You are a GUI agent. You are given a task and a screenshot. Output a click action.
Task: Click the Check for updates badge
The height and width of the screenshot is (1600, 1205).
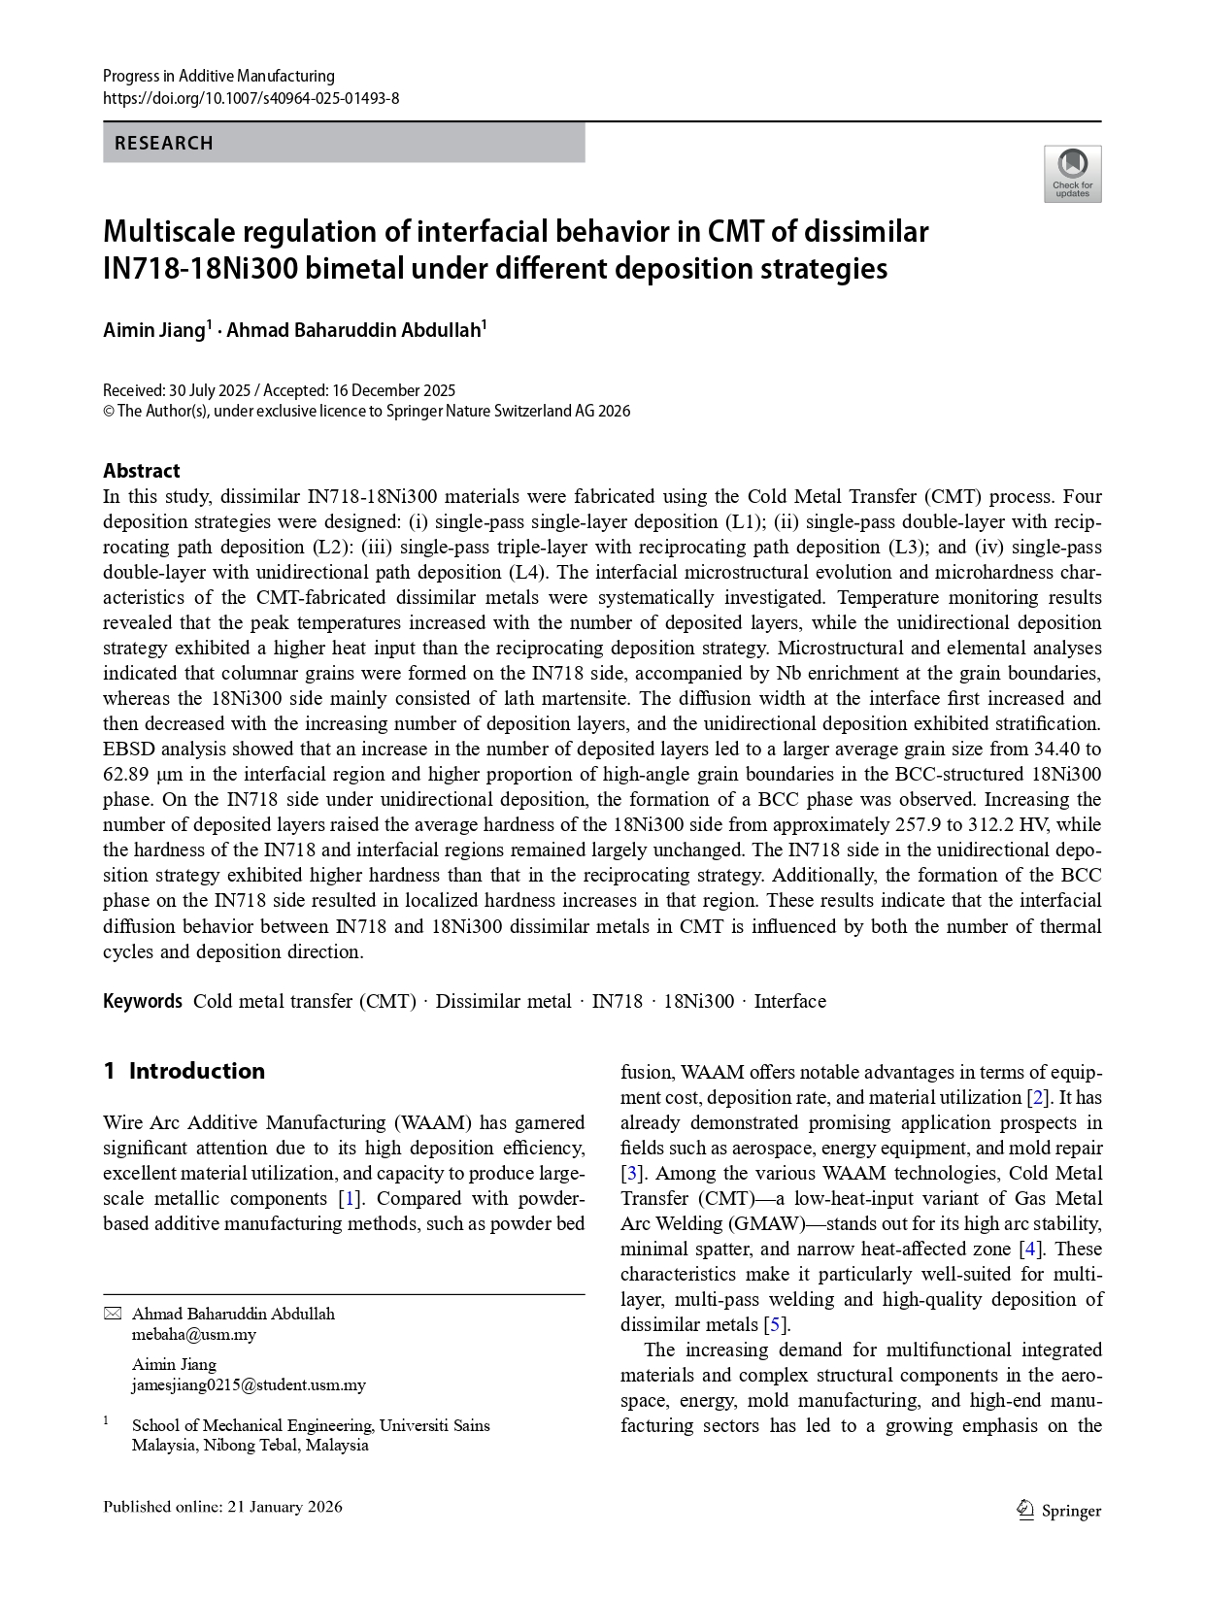1072,174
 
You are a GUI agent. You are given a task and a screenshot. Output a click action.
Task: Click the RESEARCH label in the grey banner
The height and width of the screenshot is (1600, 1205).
163,143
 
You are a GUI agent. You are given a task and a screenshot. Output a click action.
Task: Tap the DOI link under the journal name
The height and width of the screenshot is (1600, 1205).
251,98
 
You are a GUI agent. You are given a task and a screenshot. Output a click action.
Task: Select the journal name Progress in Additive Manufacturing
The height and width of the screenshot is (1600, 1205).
218,76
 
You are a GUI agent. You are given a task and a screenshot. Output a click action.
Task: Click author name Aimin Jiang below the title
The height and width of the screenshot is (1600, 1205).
154,330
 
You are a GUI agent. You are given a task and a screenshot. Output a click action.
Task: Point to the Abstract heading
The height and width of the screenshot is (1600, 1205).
141,471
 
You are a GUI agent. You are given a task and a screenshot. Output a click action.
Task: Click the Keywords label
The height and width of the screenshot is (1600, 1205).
142,1001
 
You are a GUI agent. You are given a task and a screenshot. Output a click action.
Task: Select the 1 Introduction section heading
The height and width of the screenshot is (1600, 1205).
184,1071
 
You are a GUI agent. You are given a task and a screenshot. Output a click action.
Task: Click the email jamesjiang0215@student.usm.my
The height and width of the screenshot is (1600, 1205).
249,1384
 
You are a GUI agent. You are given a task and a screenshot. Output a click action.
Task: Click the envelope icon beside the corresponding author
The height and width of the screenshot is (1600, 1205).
113,1314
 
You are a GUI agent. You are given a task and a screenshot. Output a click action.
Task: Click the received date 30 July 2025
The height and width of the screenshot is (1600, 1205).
210,390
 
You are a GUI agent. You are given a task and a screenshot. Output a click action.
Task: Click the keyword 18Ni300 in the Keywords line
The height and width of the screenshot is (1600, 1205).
698,1001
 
